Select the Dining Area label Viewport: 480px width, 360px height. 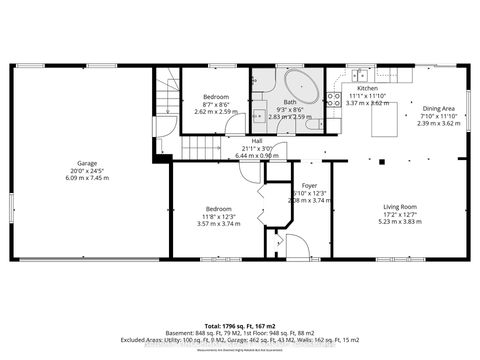click(438, 108)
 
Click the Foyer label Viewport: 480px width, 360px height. click(309, 186)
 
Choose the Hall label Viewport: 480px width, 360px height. click(257, 141)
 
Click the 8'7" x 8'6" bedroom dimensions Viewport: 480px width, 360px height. click(216, 104)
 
